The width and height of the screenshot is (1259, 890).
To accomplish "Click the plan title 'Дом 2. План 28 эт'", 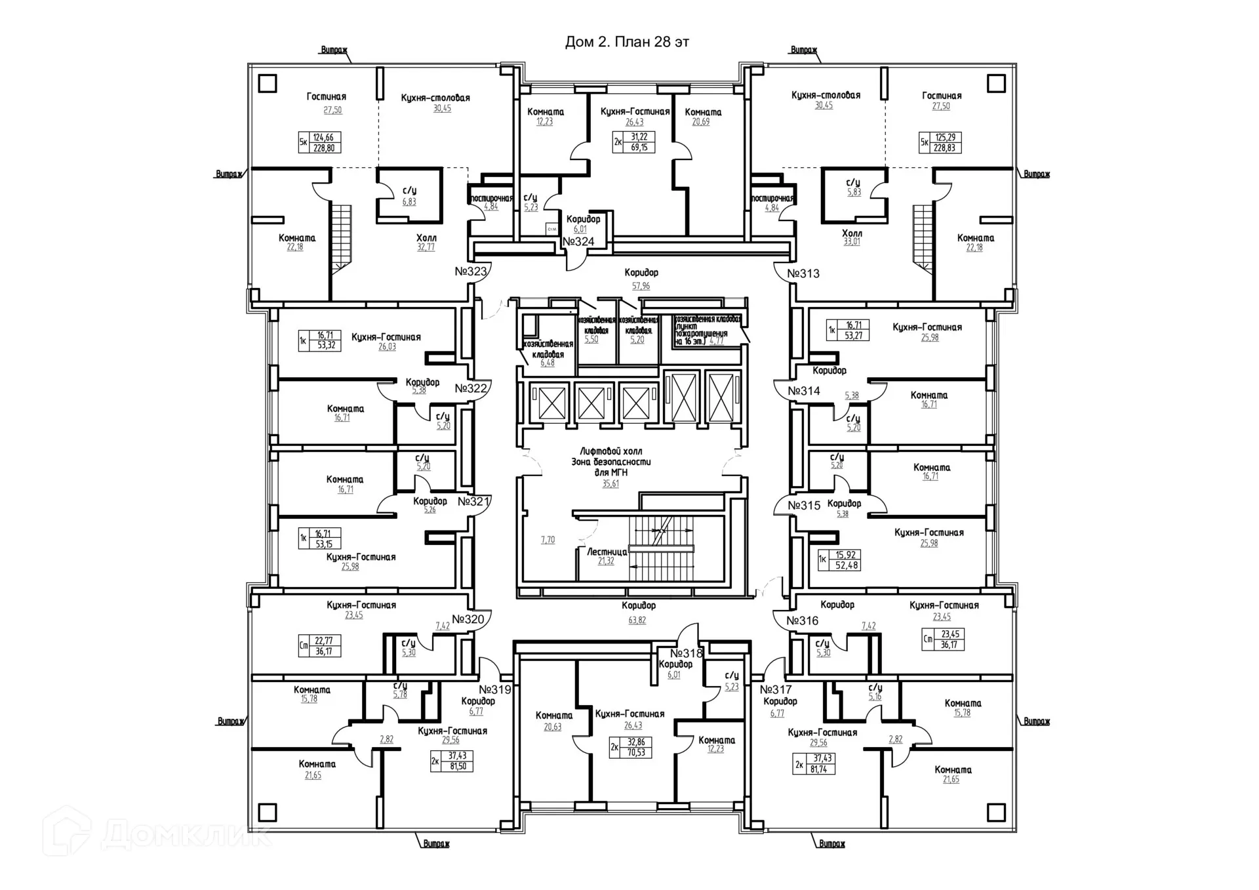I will [627, 42].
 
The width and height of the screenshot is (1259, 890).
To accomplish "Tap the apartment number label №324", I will [578, 241].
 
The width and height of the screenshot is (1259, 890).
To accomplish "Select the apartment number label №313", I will [803, 273].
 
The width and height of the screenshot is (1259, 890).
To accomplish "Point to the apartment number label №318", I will [686, 653].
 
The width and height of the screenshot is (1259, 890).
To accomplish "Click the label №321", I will [473, 502].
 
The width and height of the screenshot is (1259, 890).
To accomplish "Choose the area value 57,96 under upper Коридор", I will [641, 286].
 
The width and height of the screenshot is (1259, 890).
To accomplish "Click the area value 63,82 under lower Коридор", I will [637, 620].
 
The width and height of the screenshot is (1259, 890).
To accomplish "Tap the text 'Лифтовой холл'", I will [610, 451].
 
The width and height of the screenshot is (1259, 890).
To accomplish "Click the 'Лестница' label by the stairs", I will [607, 552].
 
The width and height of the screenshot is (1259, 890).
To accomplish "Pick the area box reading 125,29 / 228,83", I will [941, 143].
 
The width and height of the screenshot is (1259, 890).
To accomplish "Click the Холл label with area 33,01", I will [852, 233].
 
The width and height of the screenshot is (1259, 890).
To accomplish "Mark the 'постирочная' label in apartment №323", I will [490, 198].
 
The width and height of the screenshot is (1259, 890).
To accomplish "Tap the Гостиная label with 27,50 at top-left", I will [326, 97].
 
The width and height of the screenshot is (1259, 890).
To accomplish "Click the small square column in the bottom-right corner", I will [996, 812].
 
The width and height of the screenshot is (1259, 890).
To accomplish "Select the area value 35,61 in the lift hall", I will [610, 484].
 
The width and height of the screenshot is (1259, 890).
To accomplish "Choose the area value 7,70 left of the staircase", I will [548, 540].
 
